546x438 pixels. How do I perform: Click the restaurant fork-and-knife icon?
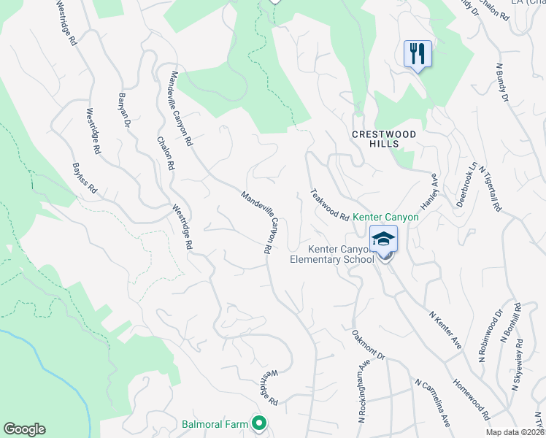(x=418, y=54)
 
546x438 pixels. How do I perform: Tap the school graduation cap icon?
(x=384, y=238)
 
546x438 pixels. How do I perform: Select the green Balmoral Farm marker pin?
(x=258, y=423)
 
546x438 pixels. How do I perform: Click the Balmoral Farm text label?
(x=215, y=423)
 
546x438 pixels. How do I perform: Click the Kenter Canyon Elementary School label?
(x=332, y=253)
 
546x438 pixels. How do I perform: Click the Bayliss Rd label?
(x=84, y=178)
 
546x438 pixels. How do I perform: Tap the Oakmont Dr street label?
(x=368, y=345)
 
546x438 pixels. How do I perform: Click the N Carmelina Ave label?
(x=432, y=401)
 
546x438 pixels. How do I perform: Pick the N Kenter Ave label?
(x=446, y=328)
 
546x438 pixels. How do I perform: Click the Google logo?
(x=25, y=429)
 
